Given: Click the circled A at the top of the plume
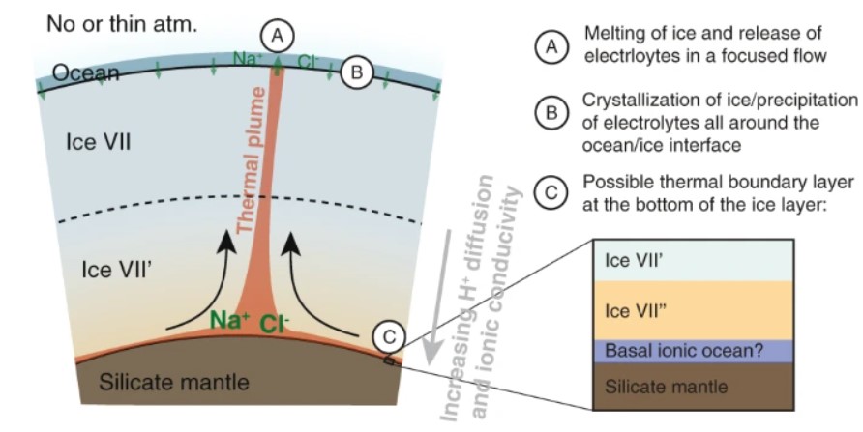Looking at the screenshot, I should (279, 36).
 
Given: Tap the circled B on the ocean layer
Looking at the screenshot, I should (356, 72).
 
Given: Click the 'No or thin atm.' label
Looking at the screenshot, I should (122, 23).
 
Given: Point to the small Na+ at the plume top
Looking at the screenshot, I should (247, 60).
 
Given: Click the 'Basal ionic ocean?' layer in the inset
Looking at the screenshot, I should (684, 349).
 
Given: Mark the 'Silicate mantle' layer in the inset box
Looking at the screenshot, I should (684, 385).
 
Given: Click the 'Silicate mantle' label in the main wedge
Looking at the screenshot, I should (175, 382).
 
